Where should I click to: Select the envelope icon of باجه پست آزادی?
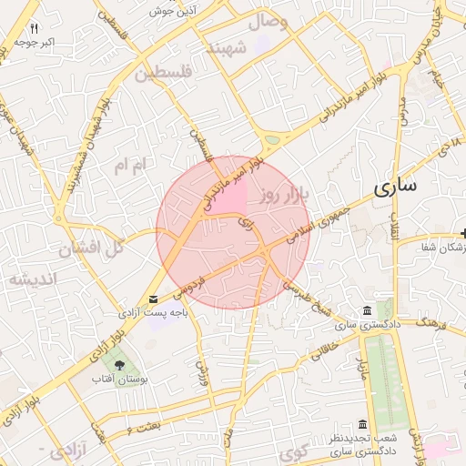(152, 299)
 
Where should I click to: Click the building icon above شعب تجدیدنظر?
(362, 424)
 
